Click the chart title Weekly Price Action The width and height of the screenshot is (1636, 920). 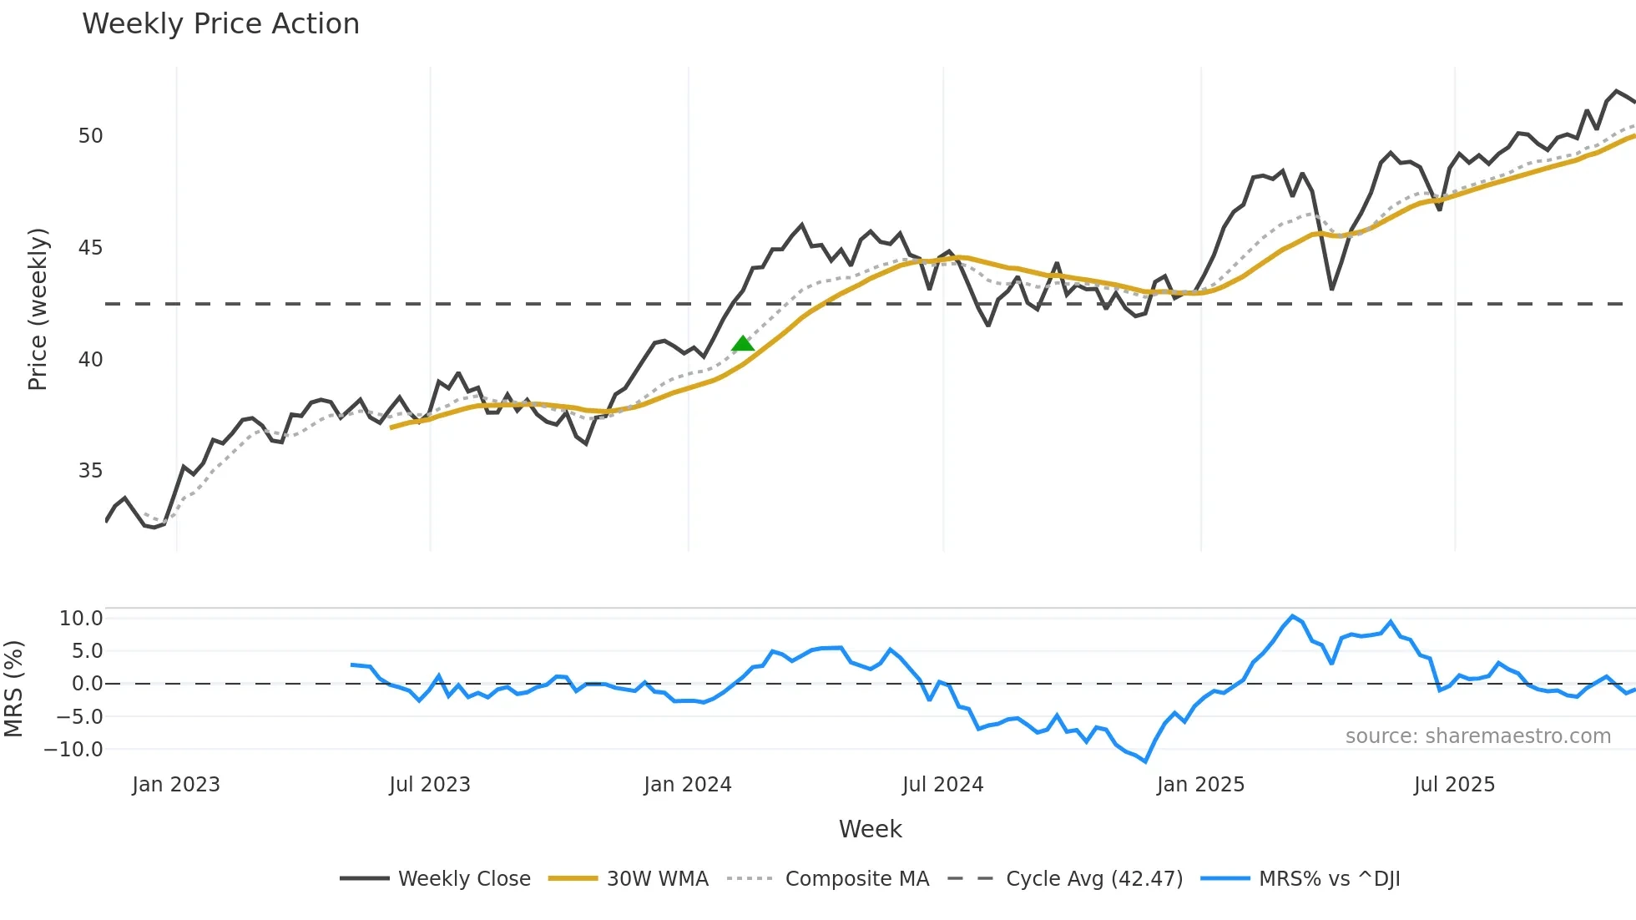220,24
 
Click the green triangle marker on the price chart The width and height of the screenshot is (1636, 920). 742,344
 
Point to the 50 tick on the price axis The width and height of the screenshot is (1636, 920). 90,136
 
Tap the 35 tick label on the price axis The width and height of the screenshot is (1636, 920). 90,471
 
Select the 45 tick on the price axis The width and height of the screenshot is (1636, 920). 90,248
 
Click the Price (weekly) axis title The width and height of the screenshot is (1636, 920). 38,309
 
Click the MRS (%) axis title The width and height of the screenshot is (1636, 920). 13,689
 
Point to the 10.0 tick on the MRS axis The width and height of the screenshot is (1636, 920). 81,619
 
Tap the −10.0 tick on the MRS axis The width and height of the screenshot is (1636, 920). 73,750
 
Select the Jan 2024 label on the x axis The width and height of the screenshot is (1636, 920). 687,785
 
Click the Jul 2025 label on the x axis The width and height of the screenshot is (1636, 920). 1454,785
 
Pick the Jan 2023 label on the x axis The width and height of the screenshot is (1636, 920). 175,785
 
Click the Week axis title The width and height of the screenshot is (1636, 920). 870,829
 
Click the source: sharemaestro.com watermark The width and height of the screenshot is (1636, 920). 1477,736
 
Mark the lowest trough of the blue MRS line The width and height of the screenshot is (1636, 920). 1145,761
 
